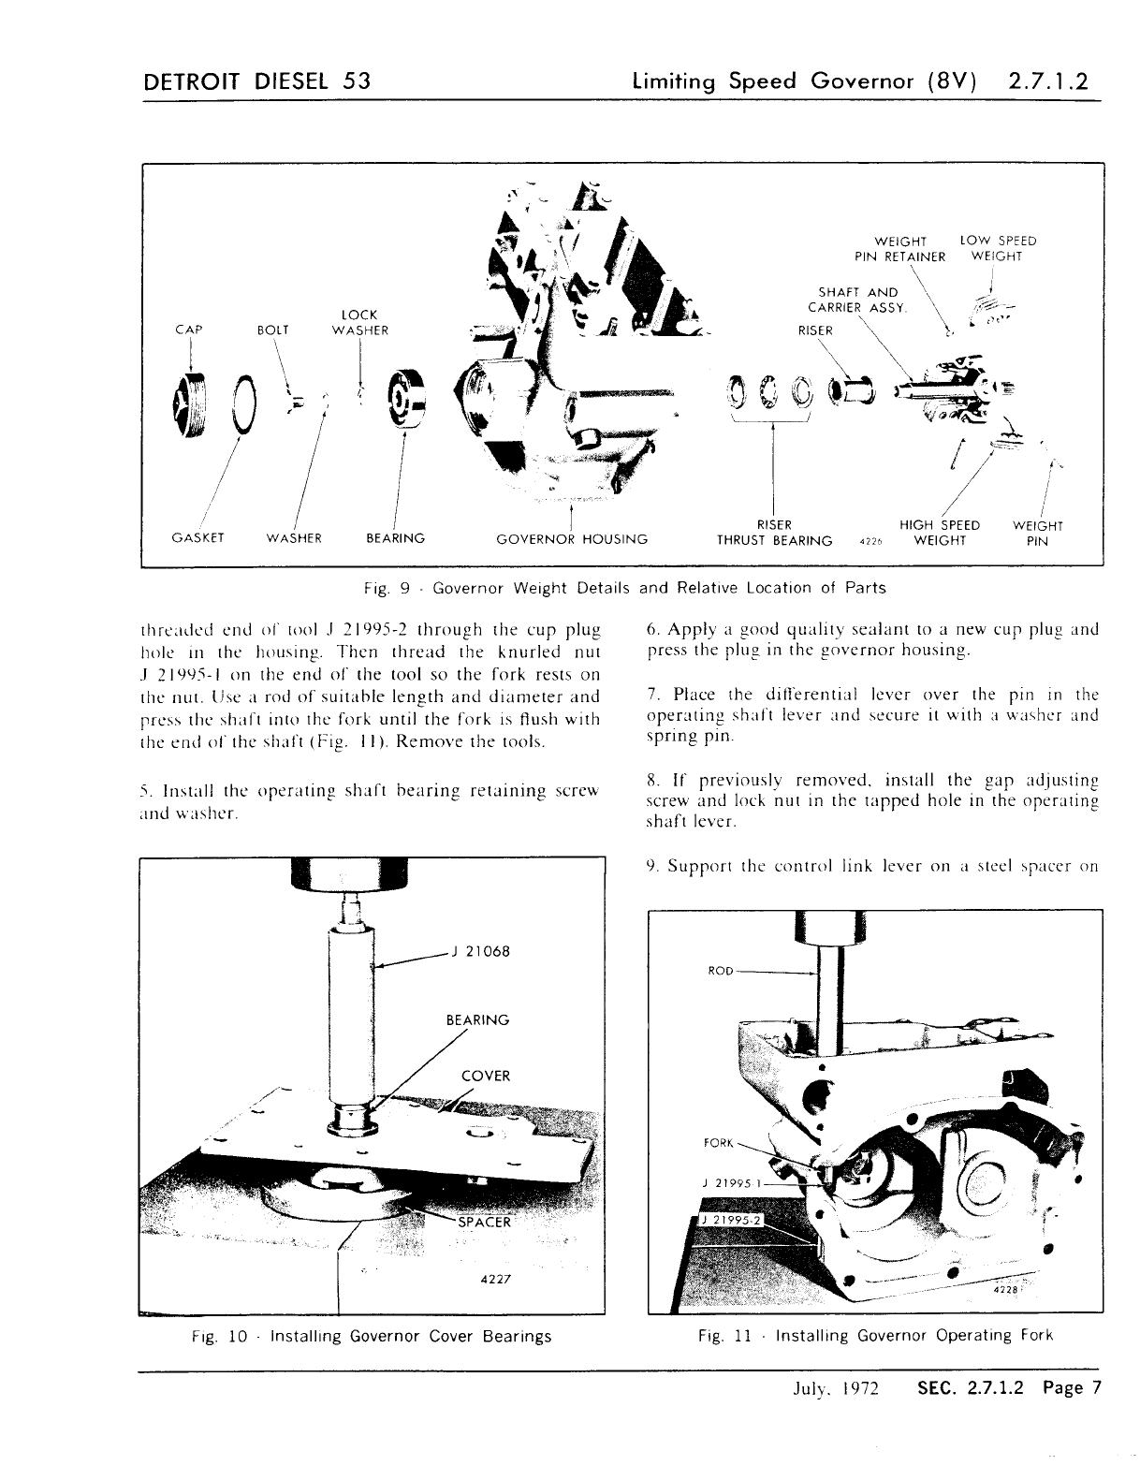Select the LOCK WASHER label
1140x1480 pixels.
point(360,322)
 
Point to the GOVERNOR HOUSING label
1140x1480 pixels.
point(572,538)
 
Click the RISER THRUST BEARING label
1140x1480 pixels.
point(774,533)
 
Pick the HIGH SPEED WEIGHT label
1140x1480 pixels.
point(939,533)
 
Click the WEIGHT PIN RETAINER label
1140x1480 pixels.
point(899,248)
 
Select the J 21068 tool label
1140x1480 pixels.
point(480,952)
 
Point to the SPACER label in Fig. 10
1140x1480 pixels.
point(484,1222)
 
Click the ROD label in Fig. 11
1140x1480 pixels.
point(720,971)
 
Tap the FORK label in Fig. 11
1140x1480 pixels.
point(718,1143)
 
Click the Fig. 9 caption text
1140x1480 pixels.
point(624,588)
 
